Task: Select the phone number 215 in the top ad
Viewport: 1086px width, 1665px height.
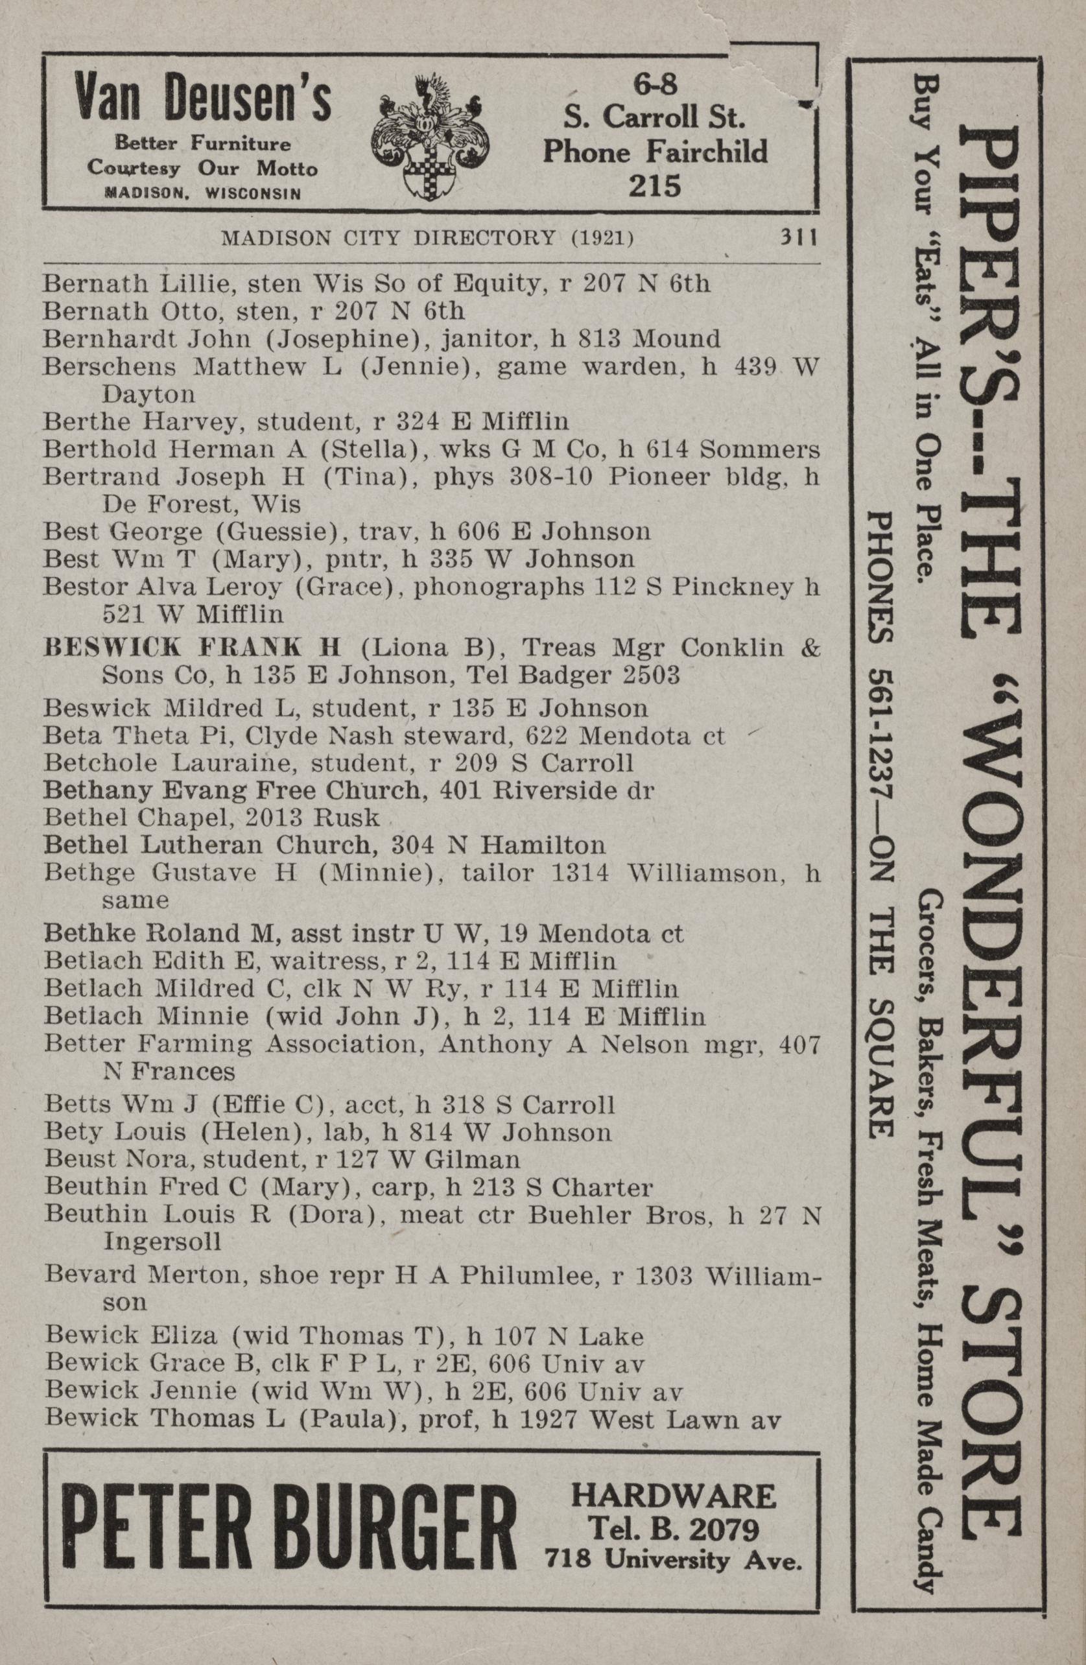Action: [x=654, y=186]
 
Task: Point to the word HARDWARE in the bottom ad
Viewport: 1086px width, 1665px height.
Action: [x=673, y=1491]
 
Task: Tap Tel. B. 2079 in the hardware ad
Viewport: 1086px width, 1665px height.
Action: [x=674, y=1526]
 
